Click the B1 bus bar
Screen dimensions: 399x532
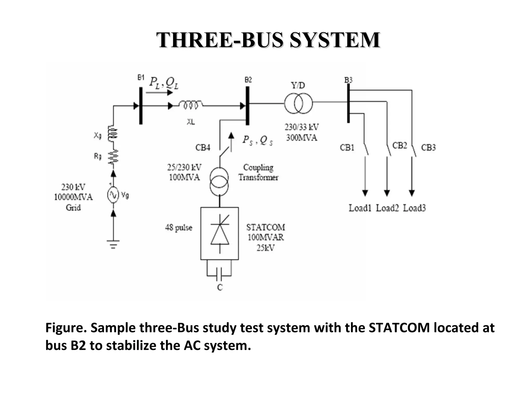click(141, 106)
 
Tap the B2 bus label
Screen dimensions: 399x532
click(248, 80)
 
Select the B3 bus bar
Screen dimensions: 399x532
click(348, 103)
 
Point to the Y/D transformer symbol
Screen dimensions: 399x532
click(298, 103)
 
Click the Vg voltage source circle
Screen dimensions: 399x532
click(113, 195)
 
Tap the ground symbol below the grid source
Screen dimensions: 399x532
click(113, 244)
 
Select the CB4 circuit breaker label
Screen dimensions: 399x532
click(203, 148)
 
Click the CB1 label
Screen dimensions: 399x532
click(347, 148)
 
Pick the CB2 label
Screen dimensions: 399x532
click(400, 145)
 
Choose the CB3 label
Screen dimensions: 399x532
click(428, 148)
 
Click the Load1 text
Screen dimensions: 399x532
click(360, 208)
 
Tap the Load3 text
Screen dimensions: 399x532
click(414, 208)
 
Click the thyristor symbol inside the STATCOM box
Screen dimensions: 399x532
click(220, 233)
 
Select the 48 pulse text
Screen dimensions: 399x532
click(179, 228)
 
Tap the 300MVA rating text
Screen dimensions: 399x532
click(302, 138)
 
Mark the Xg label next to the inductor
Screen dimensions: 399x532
click(98, 135)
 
